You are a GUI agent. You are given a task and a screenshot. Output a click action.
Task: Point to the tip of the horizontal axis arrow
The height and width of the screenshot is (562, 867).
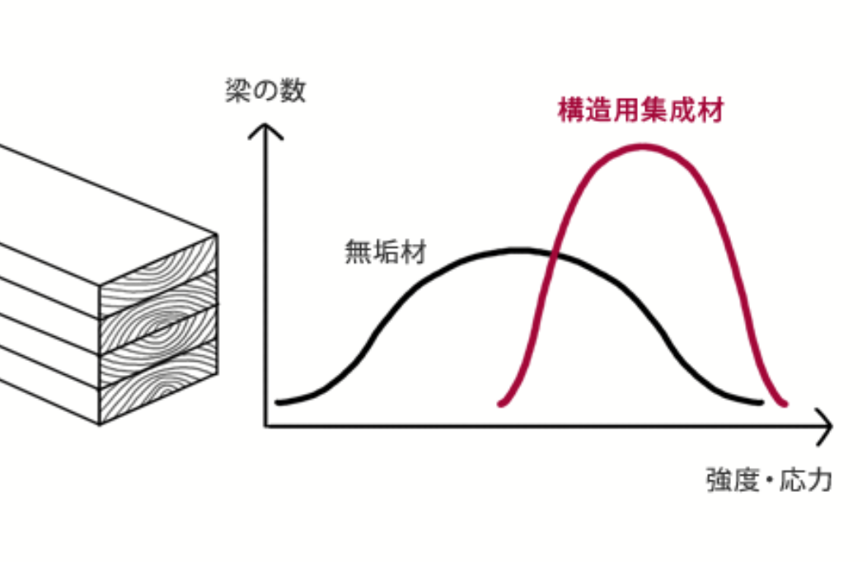pyautogui.click(x=831, y=426)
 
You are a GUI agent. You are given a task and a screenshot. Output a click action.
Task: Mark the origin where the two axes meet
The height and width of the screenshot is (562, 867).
pyautogui.click(x=265, y=426)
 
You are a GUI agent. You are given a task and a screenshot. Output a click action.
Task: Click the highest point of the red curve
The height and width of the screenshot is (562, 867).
pyautogui.click(x=643, y=147)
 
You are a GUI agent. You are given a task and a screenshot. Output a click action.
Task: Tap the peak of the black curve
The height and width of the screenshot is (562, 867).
pyautogui.click(x=520, y=251)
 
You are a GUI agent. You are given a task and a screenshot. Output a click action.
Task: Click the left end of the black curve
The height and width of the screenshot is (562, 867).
pyautogui.click(x=278, y=402)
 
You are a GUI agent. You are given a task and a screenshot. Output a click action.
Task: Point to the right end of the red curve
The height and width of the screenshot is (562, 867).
pyautogui.click(x=785, y=404)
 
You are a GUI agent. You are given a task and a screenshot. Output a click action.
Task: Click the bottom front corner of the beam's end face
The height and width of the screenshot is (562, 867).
pyautogui.click(x=100, y=424)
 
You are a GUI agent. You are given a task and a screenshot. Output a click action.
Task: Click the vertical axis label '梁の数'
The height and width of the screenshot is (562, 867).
pyautogui.click(x=265, y=90)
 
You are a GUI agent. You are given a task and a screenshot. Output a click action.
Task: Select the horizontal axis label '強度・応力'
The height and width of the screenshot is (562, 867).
pyautogui.click(x=769, y=480)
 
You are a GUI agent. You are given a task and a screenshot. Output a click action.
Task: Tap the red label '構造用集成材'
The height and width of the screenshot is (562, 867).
pyautogui.click(x=641, y=110)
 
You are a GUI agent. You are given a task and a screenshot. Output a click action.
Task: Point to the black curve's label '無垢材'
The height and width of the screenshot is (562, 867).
pyautogui.click(x=386, y=252)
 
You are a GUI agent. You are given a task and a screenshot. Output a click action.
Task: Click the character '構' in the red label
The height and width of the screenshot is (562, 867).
pyautogui.click(x=571, y=110)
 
